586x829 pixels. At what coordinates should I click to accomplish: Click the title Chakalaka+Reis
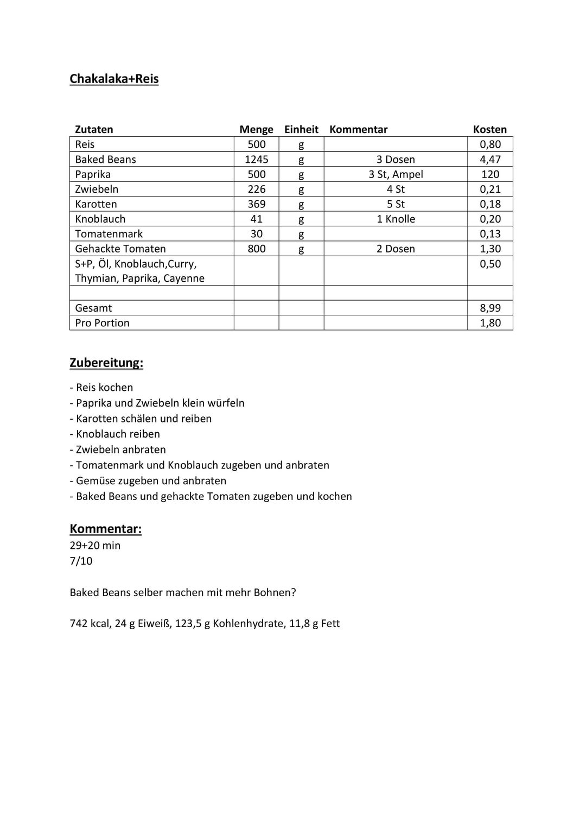(x=114, y=79)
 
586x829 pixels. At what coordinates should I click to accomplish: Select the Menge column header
(x=256, y=129)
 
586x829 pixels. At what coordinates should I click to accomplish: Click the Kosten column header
(x=489, y=129)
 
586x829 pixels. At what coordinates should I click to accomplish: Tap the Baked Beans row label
(x=105, y=159)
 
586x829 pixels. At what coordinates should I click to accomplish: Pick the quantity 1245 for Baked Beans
(x=256, y=159)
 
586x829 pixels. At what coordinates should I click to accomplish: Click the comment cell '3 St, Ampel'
(x=396, y=174)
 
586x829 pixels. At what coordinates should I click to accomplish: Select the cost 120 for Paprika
(x=490, y=174)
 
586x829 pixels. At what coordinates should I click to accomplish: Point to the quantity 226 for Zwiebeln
(x=256, y=189)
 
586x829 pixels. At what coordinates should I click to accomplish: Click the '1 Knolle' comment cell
(x=396, y=219)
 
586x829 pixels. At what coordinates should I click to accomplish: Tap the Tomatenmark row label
(x=109, y=234)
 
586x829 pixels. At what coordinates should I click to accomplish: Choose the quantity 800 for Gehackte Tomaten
(x=256, y=249)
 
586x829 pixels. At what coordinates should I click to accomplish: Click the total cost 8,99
(x=490, y=308)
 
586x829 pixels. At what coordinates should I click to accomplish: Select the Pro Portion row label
(x=102, y=323)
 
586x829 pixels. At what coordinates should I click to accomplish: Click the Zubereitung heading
(x=106, y=363)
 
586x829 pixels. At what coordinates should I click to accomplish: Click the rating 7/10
(x=81, y=561)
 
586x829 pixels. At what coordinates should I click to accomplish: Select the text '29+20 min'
(x=95, y=546)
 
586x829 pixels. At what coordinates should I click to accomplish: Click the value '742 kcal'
(x=90, y=624)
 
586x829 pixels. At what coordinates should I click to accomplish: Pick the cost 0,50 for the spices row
(x=490, y=264)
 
